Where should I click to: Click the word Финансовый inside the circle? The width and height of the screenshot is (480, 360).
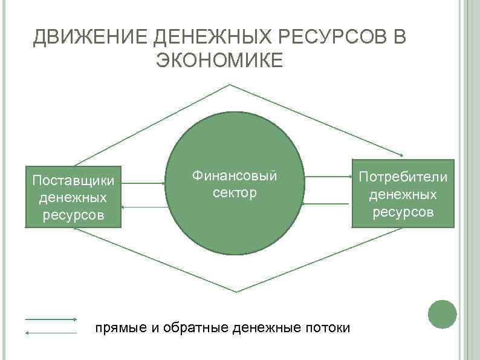[235, 176]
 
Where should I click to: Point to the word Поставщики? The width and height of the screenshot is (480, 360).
[73, 181]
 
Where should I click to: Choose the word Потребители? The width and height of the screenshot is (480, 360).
[403, 177]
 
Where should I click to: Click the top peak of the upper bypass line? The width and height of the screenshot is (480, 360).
[230, 85]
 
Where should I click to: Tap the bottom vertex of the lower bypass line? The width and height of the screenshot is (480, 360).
[233, 291]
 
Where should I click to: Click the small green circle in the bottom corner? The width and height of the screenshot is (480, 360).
[442, 315]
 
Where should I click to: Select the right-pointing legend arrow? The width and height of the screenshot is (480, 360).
[51, 319]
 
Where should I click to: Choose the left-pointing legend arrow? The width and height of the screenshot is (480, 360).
[51, 332]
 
